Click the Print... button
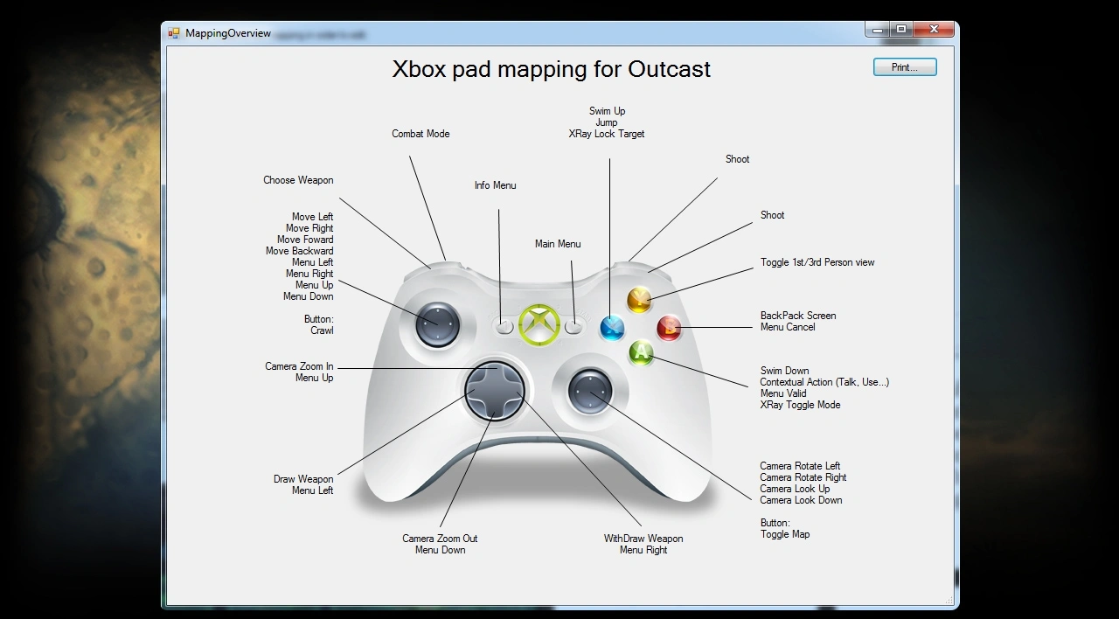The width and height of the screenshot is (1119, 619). tap(905, 67)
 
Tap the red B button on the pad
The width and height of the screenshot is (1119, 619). tap(669, 328)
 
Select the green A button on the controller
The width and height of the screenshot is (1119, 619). tap(641, 353)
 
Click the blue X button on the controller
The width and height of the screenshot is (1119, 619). tap(612, 328)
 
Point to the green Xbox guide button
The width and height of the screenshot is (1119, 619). tap(539, 324)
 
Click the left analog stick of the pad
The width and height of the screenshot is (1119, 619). tap(438, 325)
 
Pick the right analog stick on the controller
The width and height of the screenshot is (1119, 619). tap(590, 393)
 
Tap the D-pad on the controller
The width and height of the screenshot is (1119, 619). tap(495, 390)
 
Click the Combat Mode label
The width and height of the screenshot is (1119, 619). tap(420, 134)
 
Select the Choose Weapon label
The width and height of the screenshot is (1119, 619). tap(298, 180)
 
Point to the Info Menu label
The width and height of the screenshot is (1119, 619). tap(495, 185)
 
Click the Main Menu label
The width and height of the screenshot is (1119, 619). tap(558, 244)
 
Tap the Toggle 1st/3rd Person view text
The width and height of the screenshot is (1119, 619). tap(817, 262)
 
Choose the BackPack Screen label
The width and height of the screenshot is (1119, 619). tap(798, 316)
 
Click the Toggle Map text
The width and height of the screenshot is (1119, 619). tap(785, 534)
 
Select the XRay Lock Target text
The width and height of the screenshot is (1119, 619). tap(607, 134)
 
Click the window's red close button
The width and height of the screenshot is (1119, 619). tap(934, 30)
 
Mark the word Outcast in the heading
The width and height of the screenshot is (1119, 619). tap(669, 69)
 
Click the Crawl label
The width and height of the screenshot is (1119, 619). tap(322, 330)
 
